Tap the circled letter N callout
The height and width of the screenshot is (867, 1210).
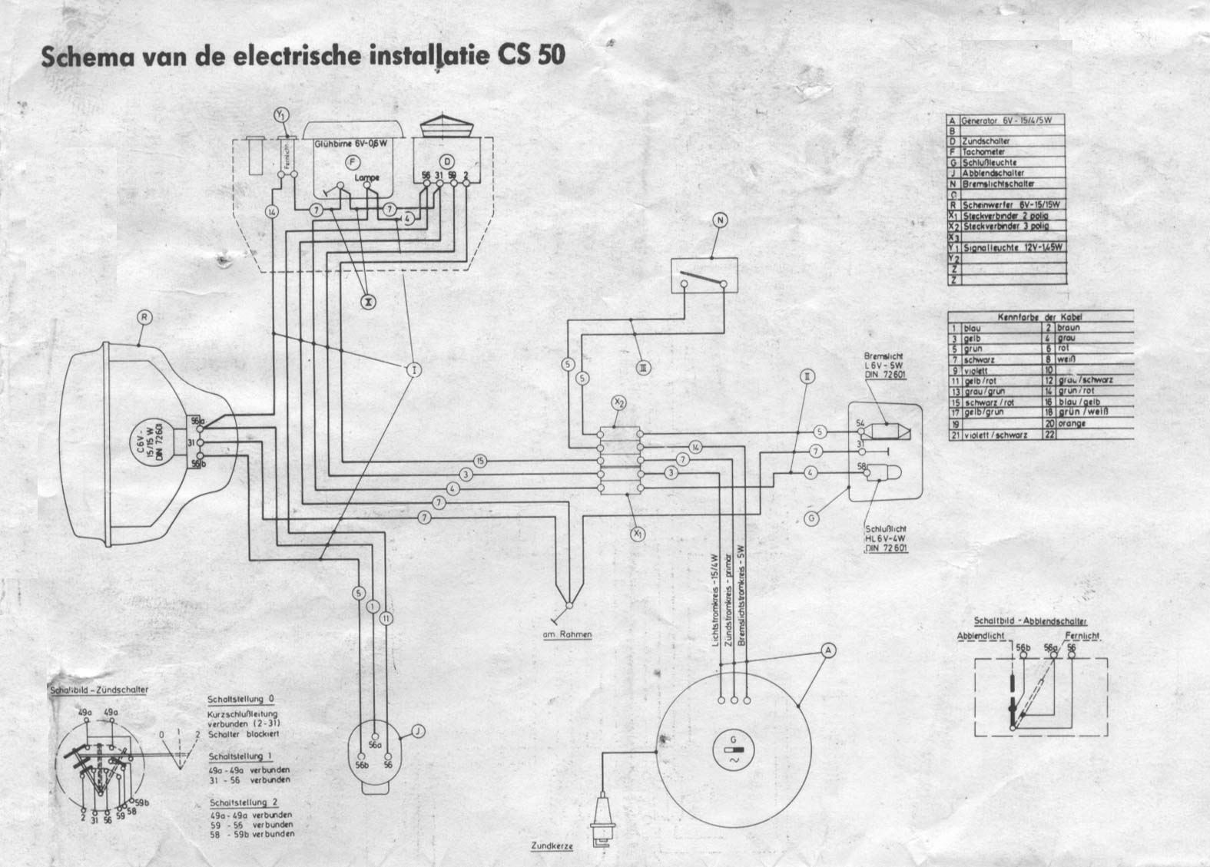[720, 221]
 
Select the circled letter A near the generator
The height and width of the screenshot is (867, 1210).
[828, 650]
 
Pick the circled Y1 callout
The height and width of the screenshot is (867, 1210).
[281, 115]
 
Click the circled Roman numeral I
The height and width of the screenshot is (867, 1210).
[414, 370]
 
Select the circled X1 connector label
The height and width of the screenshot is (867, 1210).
[636, 532]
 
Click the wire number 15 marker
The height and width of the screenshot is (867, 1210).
[480, 461]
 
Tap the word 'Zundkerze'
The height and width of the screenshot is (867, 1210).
[552, 845]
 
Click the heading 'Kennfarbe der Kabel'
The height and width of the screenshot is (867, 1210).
[1040, 316]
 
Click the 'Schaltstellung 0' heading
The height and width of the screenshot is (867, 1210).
[240, 700]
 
